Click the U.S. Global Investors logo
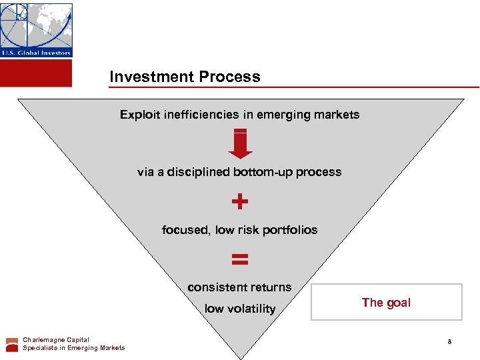point(36,30)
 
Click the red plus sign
point(240,201)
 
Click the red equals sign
point(240,259)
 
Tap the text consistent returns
point(239,287)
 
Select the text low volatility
point(239,309)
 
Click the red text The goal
point(386,303)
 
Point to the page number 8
point(449,342)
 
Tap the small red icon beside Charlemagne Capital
point(12,344)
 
